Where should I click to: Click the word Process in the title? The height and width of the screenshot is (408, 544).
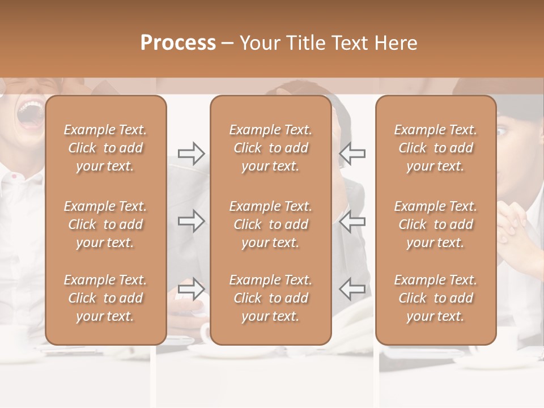coord(178,43)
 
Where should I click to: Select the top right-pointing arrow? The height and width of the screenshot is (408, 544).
coord(192,154)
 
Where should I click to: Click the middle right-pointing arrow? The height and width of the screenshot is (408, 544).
coord(192,221)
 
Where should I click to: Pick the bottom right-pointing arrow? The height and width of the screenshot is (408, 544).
coord(192,288)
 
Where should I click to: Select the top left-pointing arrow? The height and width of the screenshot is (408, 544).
coord(352,154)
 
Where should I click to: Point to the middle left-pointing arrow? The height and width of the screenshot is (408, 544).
coord(352,221)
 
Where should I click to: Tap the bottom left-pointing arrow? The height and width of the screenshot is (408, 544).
coord(352,288)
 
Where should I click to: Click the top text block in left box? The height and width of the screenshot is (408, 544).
coord(105,148)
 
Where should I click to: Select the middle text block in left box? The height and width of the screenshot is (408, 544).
coord(105,224)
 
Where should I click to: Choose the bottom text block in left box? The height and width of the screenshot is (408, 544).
coord(105,298)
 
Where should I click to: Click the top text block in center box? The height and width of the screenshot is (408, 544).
coord(271,148)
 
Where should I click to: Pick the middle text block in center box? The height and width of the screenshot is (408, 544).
coord(271,224)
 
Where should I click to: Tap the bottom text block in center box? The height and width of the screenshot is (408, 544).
coord(271,298)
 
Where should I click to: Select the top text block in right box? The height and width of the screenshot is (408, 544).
coord(436,148)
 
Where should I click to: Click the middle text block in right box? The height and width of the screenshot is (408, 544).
coord(436,224)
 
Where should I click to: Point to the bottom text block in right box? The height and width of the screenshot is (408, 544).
coord(436,298)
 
